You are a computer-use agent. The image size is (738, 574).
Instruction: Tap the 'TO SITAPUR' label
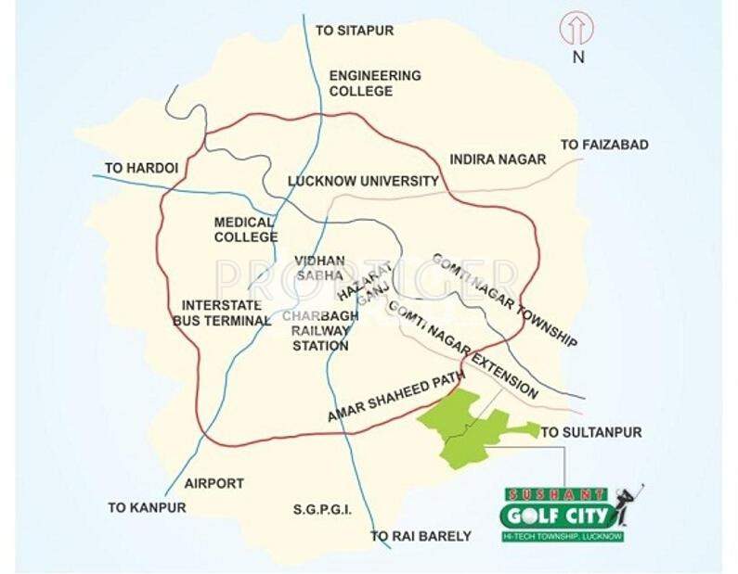click(x=355, y=31)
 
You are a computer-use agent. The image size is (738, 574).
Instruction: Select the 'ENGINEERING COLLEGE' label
click(x=375, y=83)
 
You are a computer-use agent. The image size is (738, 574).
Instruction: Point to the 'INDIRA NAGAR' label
click(x=498, y=159)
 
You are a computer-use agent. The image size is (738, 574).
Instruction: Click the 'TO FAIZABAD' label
click(x=604, y=145)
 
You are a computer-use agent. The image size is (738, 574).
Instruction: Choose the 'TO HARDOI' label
click(x=141, y=168)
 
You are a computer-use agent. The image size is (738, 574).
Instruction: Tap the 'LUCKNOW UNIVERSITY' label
click(x=363, y=181)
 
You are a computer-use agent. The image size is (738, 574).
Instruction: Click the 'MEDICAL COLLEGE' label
click(x=245, y=230)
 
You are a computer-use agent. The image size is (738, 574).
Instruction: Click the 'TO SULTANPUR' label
click(x=591, y=432)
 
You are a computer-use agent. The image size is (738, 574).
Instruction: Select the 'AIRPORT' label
click(x=214, y=483)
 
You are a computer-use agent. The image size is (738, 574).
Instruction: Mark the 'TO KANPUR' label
click(x=147, y=507)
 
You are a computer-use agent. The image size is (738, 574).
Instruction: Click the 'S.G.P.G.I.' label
click(x=322, y=510)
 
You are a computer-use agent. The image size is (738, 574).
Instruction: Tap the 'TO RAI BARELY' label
click(x=421, y=536)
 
